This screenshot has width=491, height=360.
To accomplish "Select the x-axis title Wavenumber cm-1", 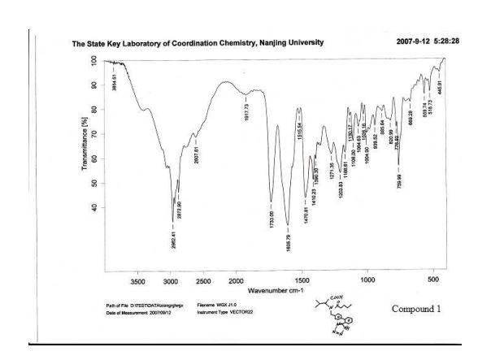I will (x=276, y=290).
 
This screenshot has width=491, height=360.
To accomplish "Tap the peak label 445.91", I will (x=440, y=85).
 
